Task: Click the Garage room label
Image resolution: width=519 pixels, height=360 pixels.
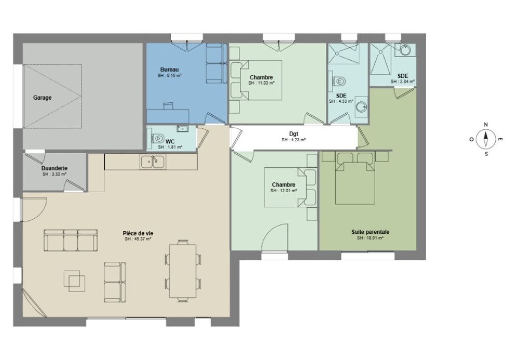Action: [43, 98]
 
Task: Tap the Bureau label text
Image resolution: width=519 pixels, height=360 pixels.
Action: [170, 70]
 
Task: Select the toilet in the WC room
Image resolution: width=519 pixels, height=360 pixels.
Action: [158, 138]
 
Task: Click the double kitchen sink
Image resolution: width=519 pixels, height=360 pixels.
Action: [153, 162]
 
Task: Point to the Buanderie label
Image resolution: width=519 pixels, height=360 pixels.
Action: [54, 168]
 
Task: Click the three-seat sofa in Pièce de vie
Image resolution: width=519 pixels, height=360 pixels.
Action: [71, 240]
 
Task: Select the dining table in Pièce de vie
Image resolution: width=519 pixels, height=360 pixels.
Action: [183, 271]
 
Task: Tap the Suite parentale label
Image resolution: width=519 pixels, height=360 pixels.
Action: [371, 232]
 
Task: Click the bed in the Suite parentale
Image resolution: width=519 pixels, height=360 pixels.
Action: [355, 178]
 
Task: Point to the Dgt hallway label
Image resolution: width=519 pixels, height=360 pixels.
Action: [294, 134]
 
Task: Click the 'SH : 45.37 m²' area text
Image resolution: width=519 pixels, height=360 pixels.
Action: [138, 238]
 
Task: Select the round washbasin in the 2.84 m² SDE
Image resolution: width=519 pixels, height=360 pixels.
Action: [405, 50]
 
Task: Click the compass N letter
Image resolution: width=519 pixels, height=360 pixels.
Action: [486, 125]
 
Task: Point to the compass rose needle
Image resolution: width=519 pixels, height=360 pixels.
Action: [486, 139]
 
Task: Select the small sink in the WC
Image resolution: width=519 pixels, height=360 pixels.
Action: [182, 128]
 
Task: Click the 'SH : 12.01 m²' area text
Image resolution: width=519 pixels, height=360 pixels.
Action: [284, 191]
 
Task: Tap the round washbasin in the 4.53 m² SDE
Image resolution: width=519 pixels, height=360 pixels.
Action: [362, 106]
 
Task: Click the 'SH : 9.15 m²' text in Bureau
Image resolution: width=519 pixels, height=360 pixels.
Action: [170, 75]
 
